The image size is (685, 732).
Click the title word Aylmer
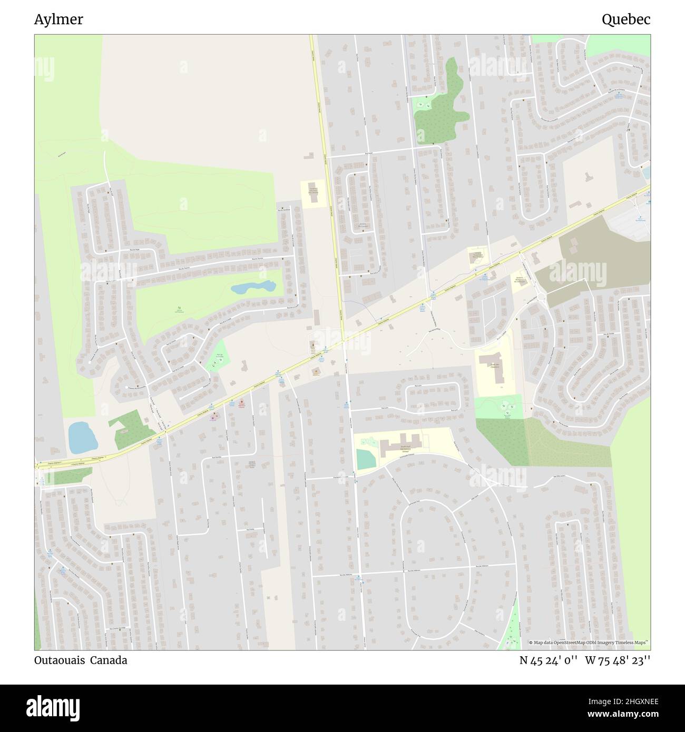[58, 19]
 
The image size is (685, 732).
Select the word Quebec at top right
[626, 19]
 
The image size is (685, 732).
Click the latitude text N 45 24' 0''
[549, 660]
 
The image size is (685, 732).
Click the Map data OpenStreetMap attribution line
[589, 642]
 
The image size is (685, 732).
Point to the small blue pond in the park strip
[253, 288]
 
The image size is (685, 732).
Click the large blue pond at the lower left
[82, 437]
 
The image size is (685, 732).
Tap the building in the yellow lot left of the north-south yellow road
[314, 193]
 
